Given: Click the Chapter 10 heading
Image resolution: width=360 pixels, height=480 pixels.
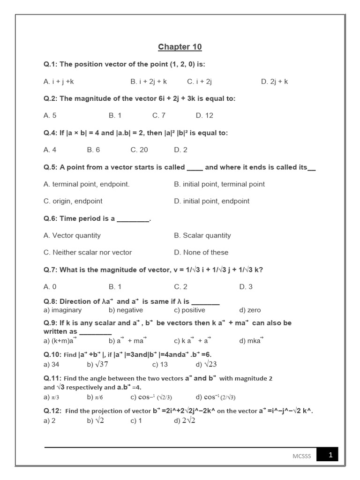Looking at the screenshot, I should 180,47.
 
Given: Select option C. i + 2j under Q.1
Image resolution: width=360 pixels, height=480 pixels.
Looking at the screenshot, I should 200,82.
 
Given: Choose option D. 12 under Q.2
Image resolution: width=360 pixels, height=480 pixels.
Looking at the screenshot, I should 204,115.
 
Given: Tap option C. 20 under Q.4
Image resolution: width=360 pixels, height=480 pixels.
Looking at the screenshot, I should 139,150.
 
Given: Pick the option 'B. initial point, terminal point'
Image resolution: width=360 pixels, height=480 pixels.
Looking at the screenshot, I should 219,184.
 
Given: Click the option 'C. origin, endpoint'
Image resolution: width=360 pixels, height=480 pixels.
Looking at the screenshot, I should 73,201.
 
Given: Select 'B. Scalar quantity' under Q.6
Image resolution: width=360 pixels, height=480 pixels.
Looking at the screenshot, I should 202,235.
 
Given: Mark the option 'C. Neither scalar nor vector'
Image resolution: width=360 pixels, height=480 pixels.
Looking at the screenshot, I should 88,252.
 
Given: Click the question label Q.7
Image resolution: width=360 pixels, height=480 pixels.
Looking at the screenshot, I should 51,270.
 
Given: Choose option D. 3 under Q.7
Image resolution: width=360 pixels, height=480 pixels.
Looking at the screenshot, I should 246,286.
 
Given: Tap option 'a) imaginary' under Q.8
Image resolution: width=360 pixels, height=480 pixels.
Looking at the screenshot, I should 62,310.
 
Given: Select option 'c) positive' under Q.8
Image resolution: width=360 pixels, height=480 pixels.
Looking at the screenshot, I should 189,310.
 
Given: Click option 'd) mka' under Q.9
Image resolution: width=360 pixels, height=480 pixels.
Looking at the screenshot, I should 251,341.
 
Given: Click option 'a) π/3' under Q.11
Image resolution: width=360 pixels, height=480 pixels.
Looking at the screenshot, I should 51,397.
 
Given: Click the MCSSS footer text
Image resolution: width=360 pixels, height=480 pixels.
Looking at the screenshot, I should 299,456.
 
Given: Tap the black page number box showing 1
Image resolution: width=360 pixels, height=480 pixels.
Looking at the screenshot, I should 327,455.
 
